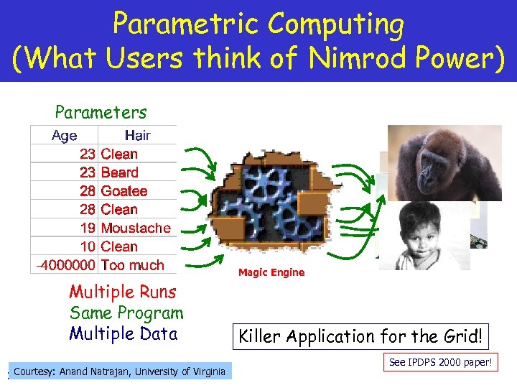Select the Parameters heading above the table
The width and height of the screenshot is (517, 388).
coord(101,112)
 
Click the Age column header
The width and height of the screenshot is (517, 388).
coord(64,135)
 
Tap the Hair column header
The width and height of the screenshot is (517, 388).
coord(137,135)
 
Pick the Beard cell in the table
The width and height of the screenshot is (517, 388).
coord(119,172)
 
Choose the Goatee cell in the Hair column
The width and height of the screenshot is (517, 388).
coord(124,191)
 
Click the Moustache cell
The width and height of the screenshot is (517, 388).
coord(136,228)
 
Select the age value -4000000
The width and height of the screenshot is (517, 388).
coord(65,265)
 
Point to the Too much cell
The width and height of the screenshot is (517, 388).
coord(132,265)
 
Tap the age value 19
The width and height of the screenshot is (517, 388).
coord(87,228)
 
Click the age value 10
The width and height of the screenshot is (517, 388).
coord(87,246)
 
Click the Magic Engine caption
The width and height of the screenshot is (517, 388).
coord(271,272)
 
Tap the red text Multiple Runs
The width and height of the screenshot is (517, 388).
coord(122,292)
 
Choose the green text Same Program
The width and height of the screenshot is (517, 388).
coord(126,313)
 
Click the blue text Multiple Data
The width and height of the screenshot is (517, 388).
coord(123,333)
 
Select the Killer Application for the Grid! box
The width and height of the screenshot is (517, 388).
coord(361,336)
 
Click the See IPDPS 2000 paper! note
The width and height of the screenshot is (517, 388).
coord(440,363)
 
